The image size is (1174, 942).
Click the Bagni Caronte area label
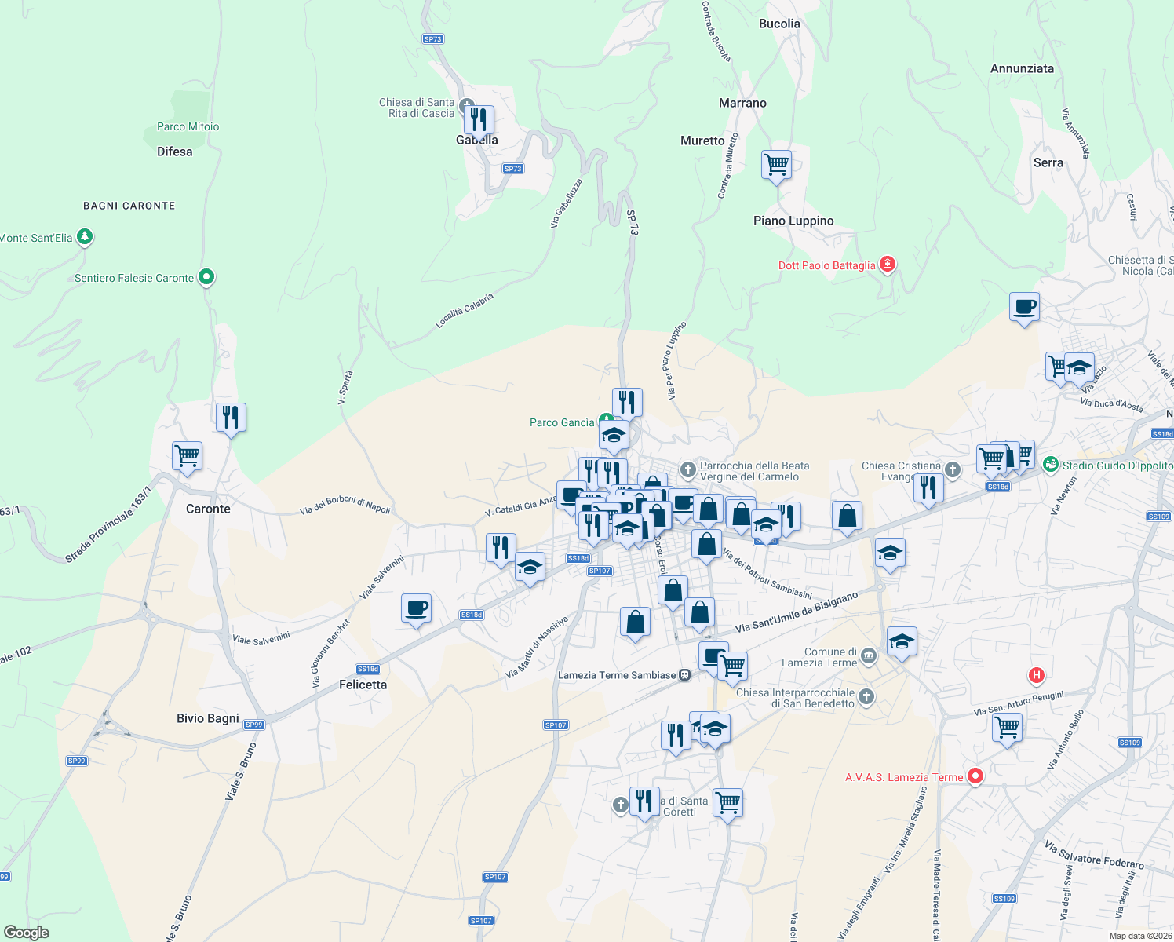coord(129,206)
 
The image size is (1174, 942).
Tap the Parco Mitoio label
coord(188,126)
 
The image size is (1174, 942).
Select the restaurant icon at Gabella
coord(479,120)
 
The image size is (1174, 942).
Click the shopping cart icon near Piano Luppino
coord(776,165)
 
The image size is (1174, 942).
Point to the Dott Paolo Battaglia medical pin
coord(888,264)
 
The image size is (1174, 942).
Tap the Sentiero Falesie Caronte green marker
coord(206,276)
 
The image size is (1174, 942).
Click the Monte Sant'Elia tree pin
coord(85,236)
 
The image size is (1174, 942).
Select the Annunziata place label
coord(1022,68)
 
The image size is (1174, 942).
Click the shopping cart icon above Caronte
coord(188,455)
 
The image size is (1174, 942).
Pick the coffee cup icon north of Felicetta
coord(416,608)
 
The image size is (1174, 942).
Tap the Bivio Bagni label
coord(208,718)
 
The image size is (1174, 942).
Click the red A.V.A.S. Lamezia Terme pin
coord(975,776)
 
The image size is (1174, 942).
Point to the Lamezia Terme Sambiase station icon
coord(685,675)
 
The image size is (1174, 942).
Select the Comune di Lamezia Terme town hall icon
coord(868,655)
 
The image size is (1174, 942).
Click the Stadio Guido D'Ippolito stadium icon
coord(1051,465)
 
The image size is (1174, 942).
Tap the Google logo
coord(27,933)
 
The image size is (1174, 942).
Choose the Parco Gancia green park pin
coord(605,421)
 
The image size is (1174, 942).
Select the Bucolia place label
coord(779,24)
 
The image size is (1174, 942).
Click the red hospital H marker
coord(1037,674)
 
